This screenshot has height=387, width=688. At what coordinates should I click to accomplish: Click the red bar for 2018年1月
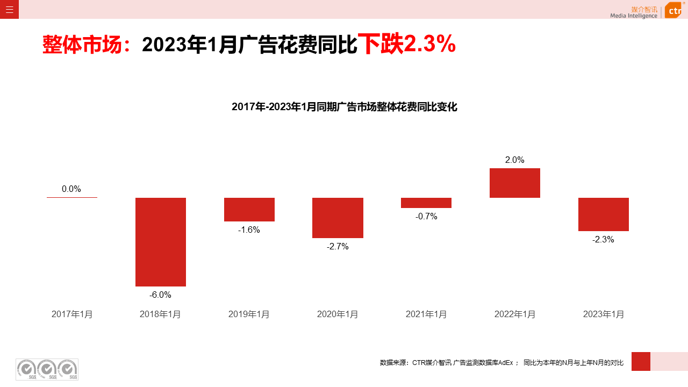[161, 242]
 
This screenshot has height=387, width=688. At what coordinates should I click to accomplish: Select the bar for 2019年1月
[249, 210]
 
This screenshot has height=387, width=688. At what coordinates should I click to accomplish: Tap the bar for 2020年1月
[338, 218]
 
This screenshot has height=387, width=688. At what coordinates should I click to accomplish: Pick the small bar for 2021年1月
[426, 203]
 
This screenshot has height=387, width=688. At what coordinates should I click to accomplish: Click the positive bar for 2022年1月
[515, 183]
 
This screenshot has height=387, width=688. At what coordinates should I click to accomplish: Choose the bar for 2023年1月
[604, 214]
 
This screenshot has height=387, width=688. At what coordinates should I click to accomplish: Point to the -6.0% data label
[160, 295]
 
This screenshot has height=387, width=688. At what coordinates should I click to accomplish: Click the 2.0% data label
[514, 160]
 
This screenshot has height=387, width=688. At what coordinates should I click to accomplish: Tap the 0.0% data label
[71, 189]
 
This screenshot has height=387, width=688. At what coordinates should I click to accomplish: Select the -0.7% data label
[426, 216]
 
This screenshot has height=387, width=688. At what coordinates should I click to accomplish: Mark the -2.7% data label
[338, 246]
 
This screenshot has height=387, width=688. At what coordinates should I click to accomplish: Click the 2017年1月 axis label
[72, 314]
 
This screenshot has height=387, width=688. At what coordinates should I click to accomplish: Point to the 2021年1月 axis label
[426, 314]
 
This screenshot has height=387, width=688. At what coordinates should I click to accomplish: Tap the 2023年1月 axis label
[604, 314]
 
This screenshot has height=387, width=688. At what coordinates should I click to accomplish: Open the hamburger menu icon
[9, 9]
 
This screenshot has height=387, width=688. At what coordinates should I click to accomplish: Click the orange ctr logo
[673, 10]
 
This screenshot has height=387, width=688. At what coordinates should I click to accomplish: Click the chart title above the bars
[344, 106]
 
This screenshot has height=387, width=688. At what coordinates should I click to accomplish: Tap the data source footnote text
[501, 363]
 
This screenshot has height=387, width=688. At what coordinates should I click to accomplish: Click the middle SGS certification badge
[47, 369]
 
